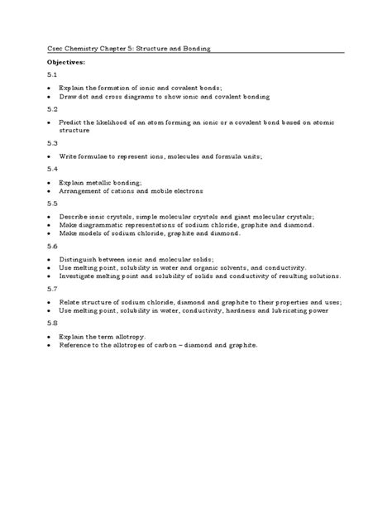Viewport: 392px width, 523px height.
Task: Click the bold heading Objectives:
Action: click(x=65, y=62)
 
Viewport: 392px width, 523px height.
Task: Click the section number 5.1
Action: click(x=52, y=74)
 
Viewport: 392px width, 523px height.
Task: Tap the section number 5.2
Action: click(x=52, y=109)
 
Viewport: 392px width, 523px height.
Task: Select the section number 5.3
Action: click(x=52, y=143)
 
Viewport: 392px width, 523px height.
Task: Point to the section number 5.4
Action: click(x=52, y=168)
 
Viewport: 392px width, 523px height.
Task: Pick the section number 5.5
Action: click(x=52, y=203)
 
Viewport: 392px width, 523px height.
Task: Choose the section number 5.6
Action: click(x=52, y=247)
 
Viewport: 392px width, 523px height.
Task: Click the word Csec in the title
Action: click(x=55, y=49)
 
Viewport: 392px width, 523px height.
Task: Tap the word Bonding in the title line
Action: click(x=195, y=49)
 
